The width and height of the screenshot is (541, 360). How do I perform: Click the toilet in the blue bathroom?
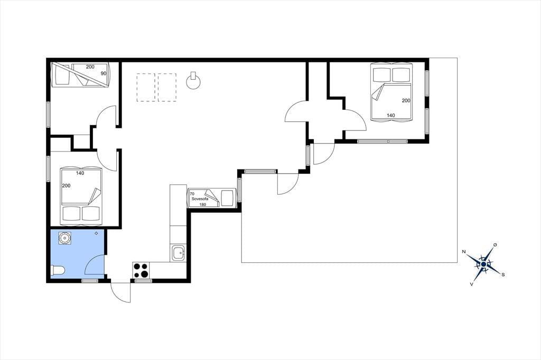click(57, 271)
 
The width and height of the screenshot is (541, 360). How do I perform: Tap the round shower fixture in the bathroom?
click(64, 238)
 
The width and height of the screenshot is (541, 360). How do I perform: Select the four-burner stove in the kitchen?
click(141, 270)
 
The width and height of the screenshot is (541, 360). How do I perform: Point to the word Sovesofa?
click(200, 198)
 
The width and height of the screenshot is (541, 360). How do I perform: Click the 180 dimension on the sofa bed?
click(203, 204)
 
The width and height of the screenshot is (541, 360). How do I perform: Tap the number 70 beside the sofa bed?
click(192, 194)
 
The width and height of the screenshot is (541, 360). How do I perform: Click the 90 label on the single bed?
click(104, 73)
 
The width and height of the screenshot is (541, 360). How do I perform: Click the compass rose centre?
click(484, 264)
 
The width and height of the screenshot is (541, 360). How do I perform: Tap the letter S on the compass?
click(503, 275)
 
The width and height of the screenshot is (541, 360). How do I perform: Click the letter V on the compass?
click(471, 284)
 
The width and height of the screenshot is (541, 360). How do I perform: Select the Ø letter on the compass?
click(495, 245)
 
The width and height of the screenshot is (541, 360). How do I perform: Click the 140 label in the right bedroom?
click(390, 116)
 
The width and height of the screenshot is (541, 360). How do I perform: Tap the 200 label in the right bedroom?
click(406, 101)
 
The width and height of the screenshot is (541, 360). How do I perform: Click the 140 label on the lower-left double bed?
click(80, 173)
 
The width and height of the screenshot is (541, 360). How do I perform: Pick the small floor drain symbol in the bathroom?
click(96, 233)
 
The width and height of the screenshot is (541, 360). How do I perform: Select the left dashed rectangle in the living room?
click(146, 87)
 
